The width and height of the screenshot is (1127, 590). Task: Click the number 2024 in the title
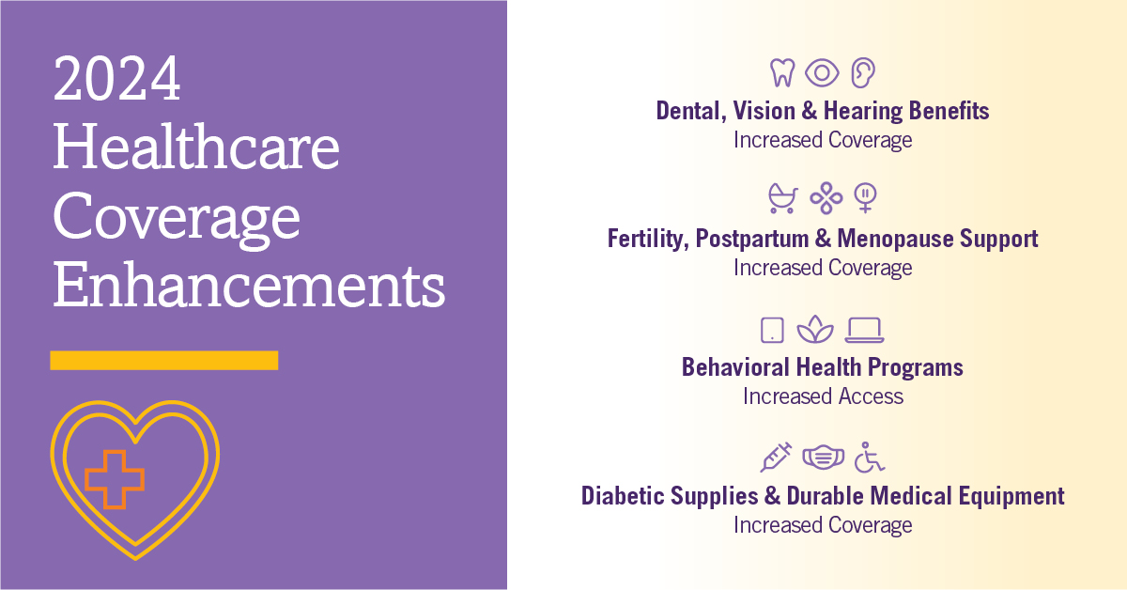point(116,80)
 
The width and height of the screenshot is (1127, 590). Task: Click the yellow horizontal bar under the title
point(163,360)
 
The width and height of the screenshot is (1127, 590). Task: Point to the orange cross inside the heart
point(115,478)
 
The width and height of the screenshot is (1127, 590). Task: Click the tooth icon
point(781,72)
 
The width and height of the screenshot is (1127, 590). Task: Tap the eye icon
point(822,72)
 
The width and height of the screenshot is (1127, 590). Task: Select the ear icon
point(862,72)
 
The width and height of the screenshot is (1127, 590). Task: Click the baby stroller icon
point(782,198)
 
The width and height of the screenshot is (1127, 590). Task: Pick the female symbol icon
point(864,198)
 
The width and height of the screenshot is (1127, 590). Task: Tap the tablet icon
point(771,330)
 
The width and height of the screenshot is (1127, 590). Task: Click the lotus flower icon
point(814,330)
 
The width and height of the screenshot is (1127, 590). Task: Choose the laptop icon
point(864,330)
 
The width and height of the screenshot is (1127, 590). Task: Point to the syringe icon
point(776,457)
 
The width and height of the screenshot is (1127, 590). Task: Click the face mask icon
point(822,458)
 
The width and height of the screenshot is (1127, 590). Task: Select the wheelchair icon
point(870,458)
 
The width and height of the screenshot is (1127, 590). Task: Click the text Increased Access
point(823,396)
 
